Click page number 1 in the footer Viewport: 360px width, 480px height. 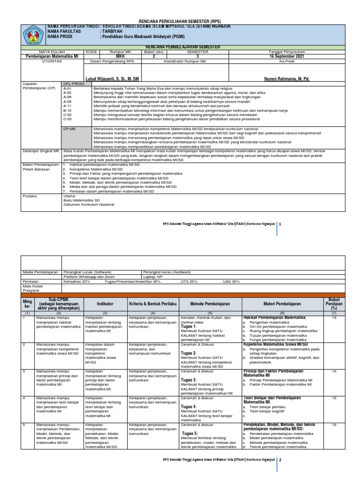(x=280, y=225)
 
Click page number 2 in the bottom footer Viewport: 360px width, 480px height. (x=280, y=460)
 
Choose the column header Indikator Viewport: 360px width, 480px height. (x=105, y=304)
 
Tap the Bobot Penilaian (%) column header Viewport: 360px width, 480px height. (x=334, y=303)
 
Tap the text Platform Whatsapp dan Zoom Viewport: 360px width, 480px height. (x=89, y=277)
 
